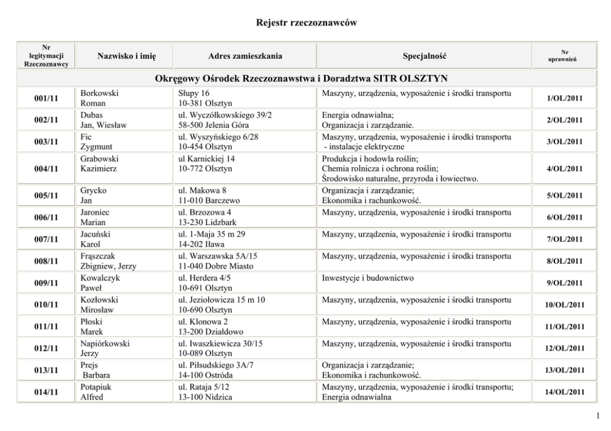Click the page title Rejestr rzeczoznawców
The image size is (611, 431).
click(x=306, y=23)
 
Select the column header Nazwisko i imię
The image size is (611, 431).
click(x=127, y=57)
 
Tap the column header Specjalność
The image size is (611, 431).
click(x=424, y=57)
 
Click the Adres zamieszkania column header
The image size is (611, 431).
click(x=245, y=57)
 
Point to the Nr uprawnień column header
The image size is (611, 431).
click(x=565, y=57)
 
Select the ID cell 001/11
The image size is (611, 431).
click(x=46, y=98)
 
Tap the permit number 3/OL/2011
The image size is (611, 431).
click(x=565, y=142)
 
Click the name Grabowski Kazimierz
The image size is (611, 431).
click(x=100, y=163)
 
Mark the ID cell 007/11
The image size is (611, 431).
click(x=46, y=239)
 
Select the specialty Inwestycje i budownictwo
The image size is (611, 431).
click(x=368, y=278)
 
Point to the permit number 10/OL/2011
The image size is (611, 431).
click(x=565, y=305)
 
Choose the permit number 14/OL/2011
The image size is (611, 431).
click(x=565, y=392)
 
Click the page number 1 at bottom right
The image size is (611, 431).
click(x=598, y=416)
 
